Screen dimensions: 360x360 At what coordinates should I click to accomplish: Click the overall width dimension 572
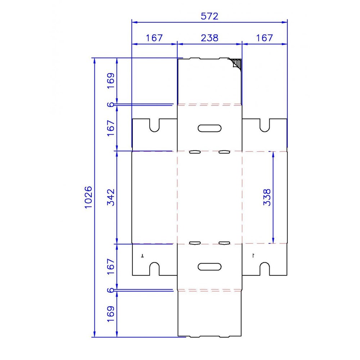pos(209,16)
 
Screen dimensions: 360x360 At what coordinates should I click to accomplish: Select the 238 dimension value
pos(210,38)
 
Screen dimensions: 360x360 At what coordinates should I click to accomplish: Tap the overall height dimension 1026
pos(89,197)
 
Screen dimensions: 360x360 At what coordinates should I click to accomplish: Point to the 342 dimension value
pos(111,197)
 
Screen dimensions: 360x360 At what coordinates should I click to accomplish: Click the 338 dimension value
pos(267,197)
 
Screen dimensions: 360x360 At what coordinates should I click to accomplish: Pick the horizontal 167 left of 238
pos(154,38)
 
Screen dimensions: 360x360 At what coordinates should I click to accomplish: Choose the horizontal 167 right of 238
pos(264,38)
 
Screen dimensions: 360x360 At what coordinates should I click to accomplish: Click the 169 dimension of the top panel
pos(111,81)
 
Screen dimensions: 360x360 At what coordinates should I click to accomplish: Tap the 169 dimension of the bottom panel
pos(111,314)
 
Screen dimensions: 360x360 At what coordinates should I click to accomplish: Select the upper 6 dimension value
pos(111,105)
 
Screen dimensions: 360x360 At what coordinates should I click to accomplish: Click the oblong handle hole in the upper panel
pos(210,128)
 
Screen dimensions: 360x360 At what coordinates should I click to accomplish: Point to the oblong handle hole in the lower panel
pos(210,267)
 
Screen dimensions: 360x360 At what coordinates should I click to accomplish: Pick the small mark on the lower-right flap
pos(253,255)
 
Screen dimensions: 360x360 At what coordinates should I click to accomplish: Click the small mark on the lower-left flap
pos(142,255)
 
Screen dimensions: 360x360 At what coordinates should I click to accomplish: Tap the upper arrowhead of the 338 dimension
pos(273,154)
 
